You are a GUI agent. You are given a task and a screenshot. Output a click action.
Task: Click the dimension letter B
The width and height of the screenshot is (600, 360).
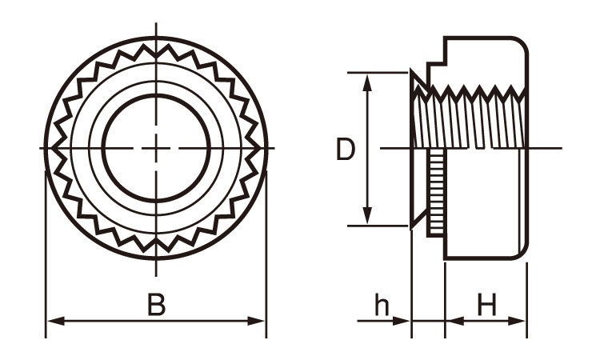click(x=157, y=305)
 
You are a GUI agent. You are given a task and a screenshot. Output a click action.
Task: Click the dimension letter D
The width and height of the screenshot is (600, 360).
click(x=346, y=150)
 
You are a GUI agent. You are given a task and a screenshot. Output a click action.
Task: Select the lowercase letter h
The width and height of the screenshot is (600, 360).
click(x=382, y=305)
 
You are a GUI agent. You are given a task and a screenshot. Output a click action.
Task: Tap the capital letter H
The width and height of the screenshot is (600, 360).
click(x=486, y=305)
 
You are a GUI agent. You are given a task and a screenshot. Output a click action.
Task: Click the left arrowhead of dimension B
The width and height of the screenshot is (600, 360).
click(x=55, y=321)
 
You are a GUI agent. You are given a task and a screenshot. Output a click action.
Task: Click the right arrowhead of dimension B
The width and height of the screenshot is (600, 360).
click(x=256, y=321)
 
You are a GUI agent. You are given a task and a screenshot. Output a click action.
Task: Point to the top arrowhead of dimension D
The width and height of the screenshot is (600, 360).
click(x=367, y=82)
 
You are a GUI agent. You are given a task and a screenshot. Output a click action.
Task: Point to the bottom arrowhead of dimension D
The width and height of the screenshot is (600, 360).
click(x=367, y=215)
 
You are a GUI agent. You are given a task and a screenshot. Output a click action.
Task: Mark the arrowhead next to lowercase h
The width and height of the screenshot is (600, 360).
click(x=402, y=321)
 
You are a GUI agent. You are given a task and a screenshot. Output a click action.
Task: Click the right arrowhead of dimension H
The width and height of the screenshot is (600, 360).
click(x=517, y=321)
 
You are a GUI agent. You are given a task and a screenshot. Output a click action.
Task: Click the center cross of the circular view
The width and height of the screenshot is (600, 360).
click(x=156, y=148)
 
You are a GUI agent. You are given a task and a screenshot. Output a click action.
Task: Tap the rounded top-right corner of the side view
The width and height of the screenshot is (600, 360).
click(x=521, y=44)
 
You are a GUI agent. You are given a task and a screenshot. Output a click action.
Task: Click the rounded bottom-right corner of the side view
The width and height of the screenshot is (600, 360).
click(x=521, y=253)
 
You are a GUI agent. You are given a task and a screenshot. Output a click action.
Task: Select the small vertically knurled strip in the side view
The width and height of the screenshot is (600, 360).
click(x=436, y=193)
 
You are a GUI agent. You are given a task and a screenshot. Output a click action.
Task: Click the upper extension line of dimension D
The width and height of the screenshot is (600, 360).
click(x=378, y=72)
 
